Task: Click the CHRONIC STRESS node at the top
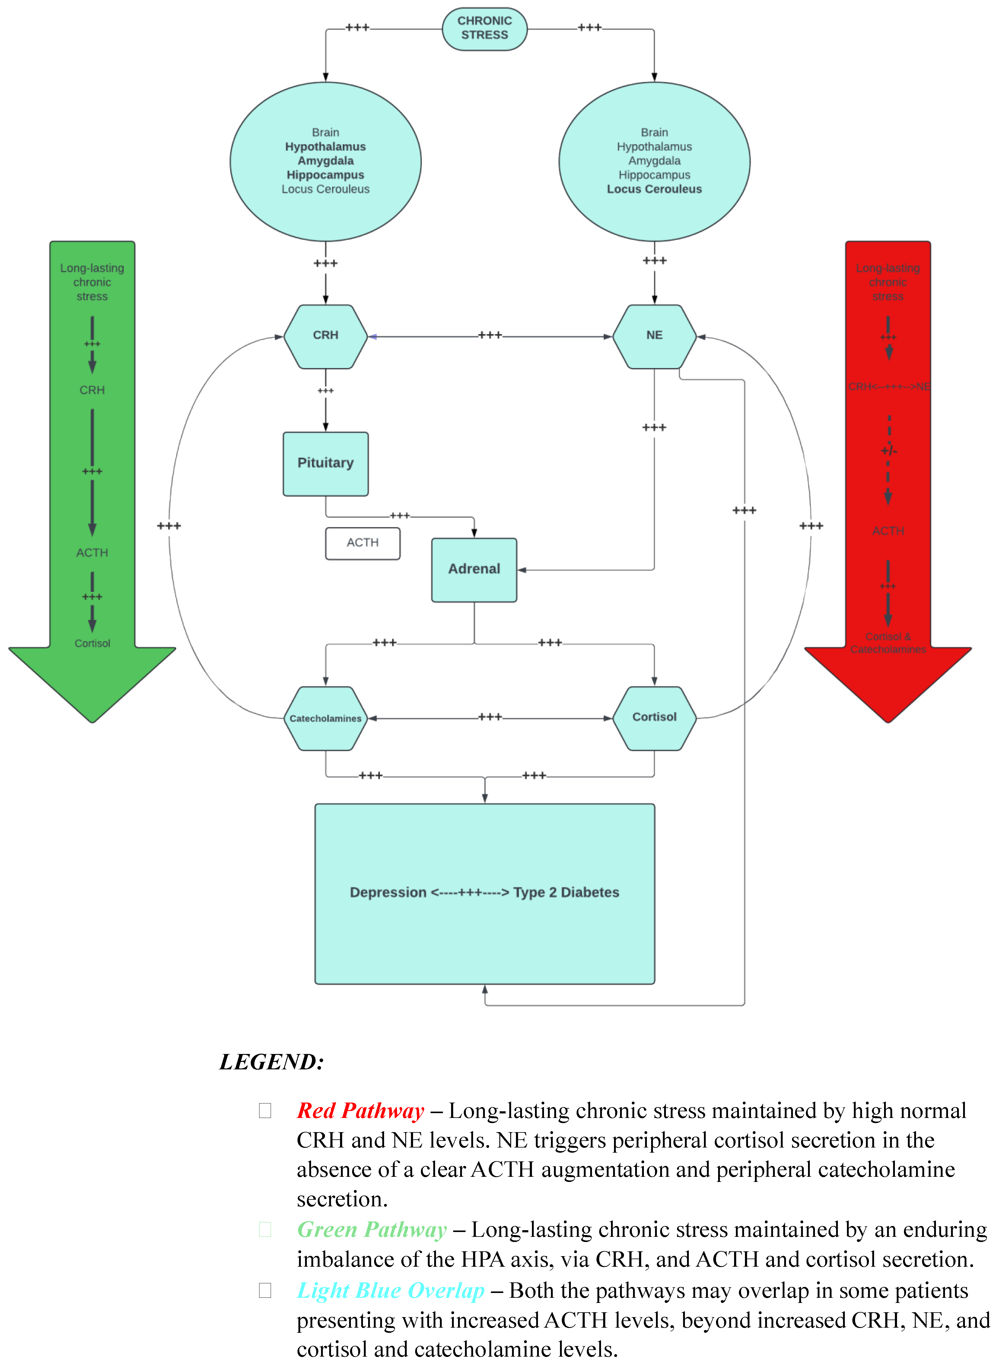coord(484,28)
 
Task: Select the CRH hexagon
coord(325,336)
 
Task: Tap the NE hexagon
coord(654,336)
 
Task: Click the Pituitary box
coord(325,463)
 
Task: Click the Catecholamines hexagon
coord(325,718)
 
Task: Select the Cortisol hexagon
coord(654,717)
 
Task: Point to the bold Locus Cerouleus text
coord(654,189)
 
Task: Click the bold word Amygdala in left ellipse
coord(325,161)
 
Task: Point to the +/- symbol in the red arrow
coord(888,451)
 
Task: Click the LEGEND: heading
coord(272,1062)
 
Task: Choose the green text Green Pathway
coord(372,1230)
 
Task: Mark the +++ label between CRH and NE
coord(490,335)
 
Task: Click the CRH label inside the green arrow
coord(92,390)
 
